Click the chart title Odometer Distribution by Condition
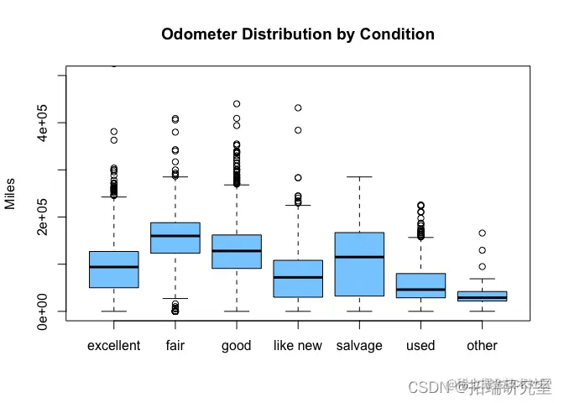tap(298, 34)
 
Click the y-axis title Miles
tap(10, 194)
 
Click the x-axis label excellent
tap(113, 346)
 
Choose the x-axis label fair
tap(175, 346)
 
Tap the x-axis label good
tap(237, 346)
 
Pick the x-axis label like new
tap(298, 346)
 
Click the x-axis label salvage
tap(359, 346)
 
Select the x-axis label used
tap(420, 346)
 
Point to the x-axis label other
tap(482, 346)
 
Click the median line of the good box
tap(237, 251)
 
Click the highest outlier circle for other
tap(483, 233)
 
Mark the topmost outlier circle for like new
tap(298, 108)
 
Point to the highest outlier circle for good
tap(237, 104)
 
